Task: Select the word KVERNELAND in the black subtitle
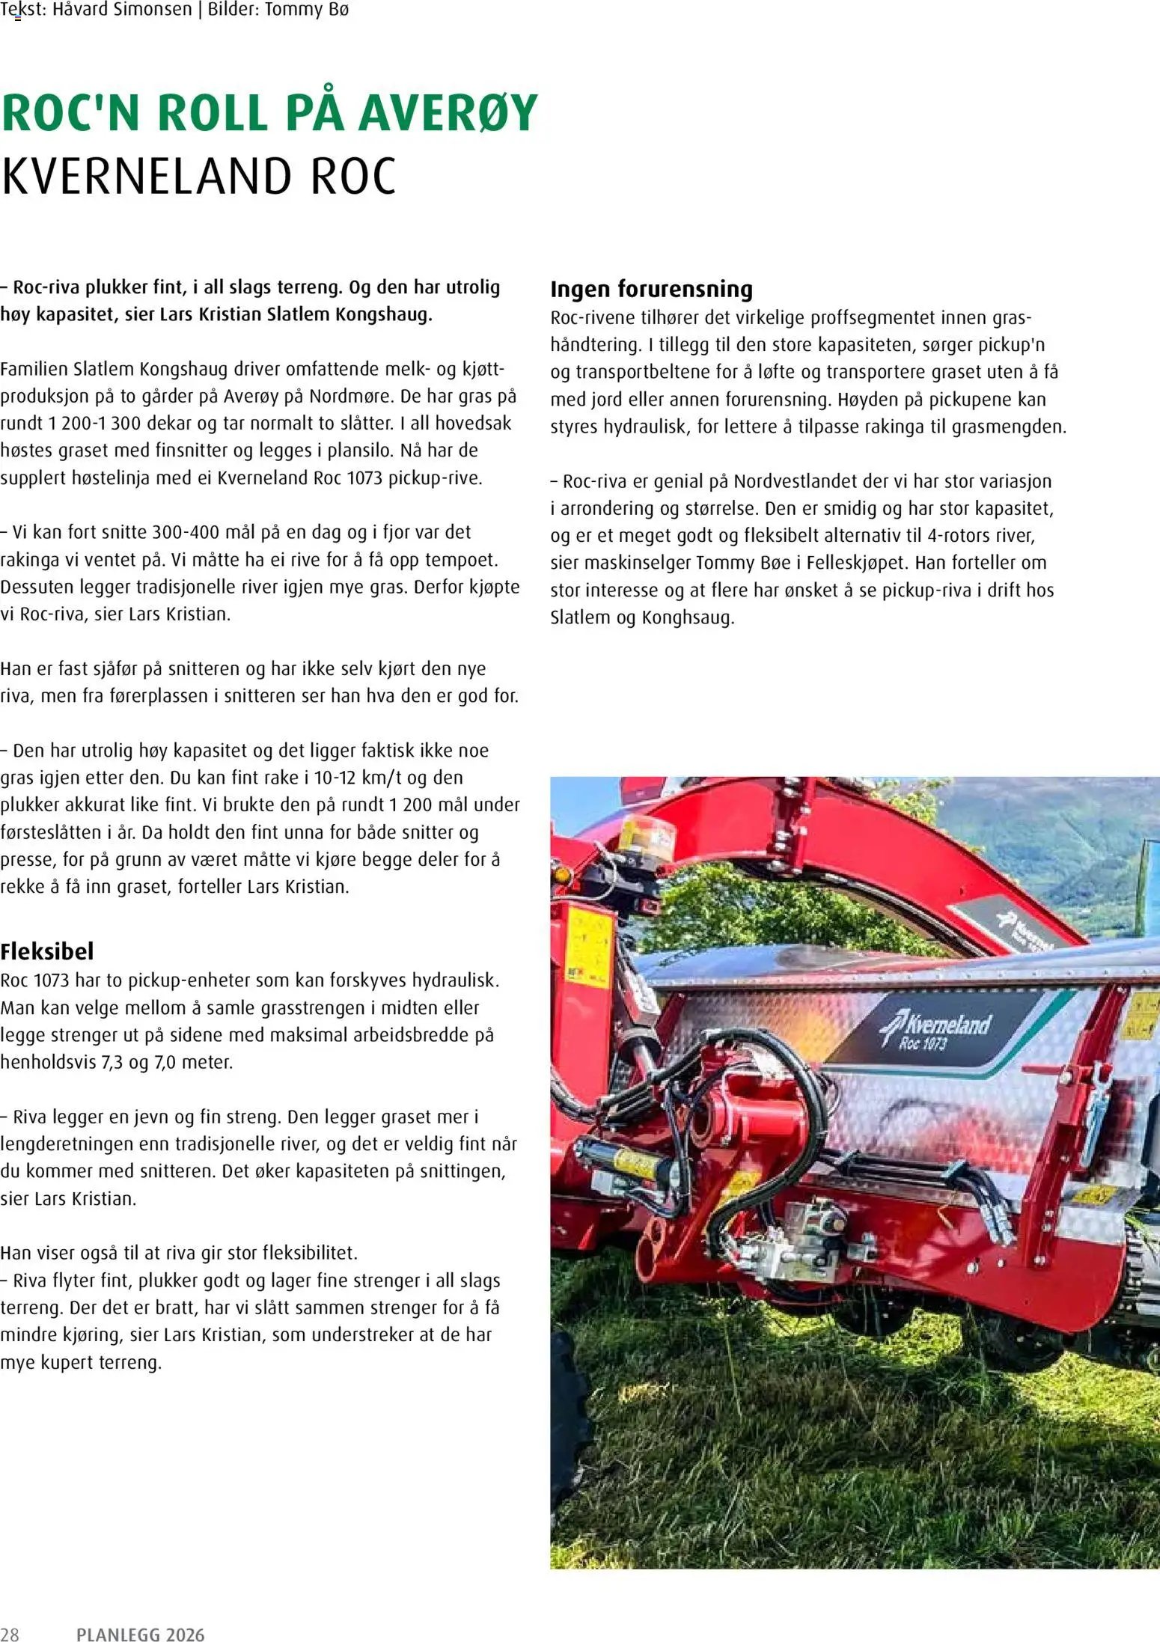[x=145, y=177]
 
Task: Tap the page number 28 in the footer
[x=10, y=1635]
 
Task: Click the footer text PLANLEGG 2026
[x=141, y=1635]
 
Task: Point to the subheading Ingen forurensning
[x=651, y=289]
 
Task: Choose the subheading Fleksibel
[x=47, y=951]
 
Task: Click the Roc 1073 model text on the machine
[x=924, y=1043]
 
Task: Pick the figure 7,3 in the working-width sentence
[x=113, y=1062]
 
